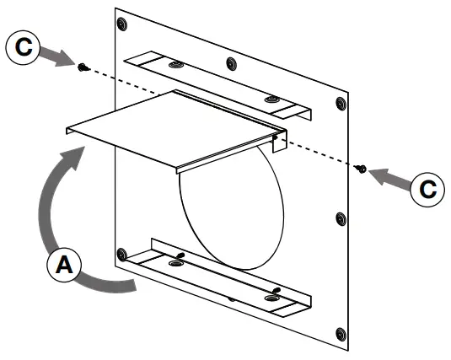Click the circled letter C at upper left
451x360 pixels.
(x=23, y=47)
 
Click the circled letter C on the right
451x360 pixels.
(x=427, y=190)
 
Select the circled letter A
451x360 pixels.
(x=64, y=264)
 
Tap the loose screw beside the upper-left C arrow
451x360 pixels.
(x=83, y=67)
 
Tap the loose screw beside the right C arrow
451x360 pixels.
(x=362, y=169)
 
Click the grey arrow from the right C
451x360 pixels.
(x=389, y=178)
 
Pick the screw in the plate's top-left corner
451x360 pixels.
(x=122, y=24)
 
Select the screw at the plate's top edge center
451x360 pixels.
(x=231, y=63)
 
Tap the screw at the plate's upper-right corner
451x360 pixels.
(x=341, y=104)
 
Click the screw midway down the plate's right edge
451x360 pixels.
(x=341, y=219)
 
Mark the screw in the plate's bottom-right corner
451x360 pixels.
(x=341, y=335)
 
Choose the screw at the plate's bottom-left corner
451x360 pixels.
(x=122, y=255)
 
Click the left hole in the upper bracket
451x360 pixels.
(x=176, y=64)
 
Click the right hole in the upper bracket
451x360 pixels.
(x=271, y=99)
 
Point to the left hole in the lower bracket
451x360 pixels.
(x=175, y=263)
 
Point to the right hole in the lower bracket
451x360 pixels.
(x=271, y=298)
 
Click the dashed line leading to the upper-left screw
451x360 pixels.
(x=125, y=82)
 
